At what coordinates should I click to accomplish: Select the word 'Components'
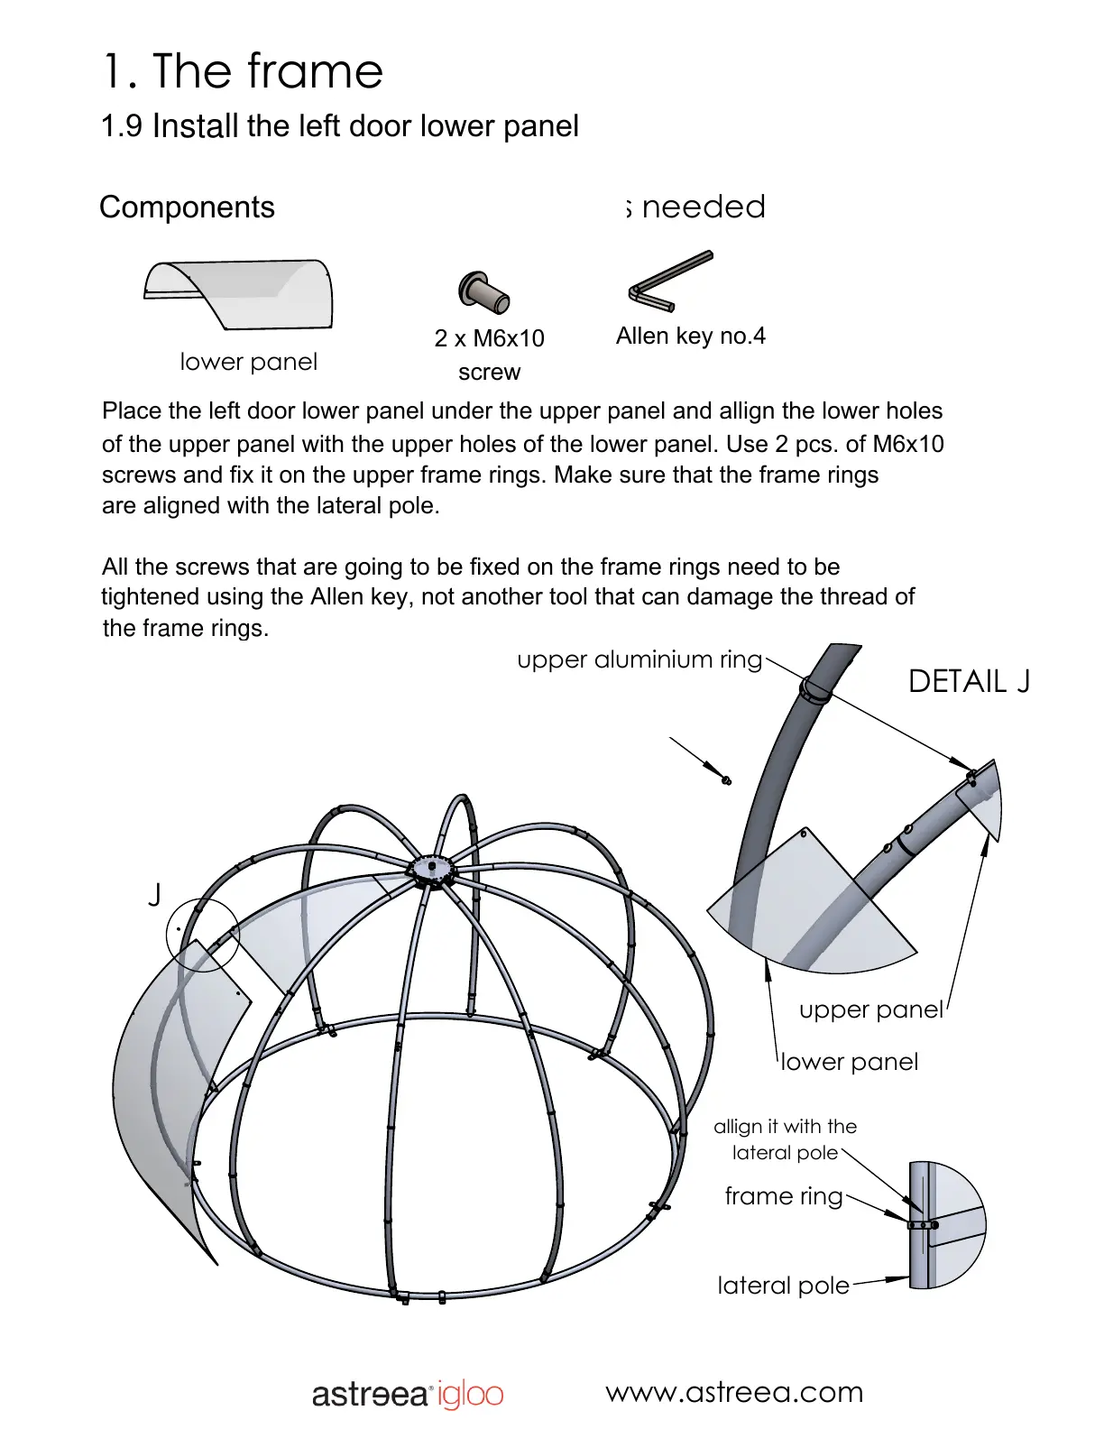pyautogui.click(x=187, y=207)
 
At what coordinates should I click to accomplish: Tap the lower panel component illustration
pyautogui.click(x=240, y=292)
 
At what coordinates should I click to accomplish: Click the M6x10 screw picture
pyautogui.click(x=483, y=292)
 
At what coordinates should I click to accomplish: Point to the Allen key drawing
pyautogui.click(x=668, y=281)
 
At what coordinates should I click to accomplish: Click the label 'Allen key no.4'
pyautogui.click(x=690, y=336)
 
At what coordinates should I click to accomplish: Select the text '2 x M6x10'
pyautogui.click(x=489, y=338)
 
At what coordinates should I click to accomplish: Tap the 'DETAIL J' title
pyautogui.click(x=968, y=681)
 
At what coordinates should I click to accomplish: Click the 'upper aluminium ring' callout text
pyautogui.click(x=639, y=659)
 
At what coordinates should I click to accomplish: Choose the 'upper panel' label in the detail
pyautogui.click(x=870, y=1010)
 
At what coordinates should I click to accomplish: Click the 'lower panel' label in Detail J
pyautogui.click(x=849, y=1062)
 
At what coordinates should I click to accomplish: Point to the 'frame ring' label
pyautogui.click(x=783, y=1196)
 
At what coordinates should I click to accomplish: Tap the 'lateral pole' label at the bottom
pyautogui.click(x=783, y=1285)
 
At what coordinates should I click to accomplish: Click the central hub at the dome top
pyautogui.click(x=431, y=871)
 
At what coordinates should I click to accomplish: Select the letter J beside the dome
pyautogui.click(x=155, y=895)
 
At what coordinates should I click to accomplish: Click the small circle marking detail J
pyautogui.click(x=203, y=936)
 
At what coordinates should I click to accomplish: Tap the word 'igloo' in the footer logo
pyautogui.click(x=470, y=1395)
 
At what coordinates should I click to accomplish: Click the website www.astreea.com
pyautogui.click(x=734, y=1392)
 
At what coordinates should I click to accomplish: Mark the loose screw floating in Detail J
pyautogui.click(x=726, y=779)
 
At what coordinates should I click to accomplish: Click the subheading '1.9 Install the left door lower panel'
pyautogui.click(x=339, y=126)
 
